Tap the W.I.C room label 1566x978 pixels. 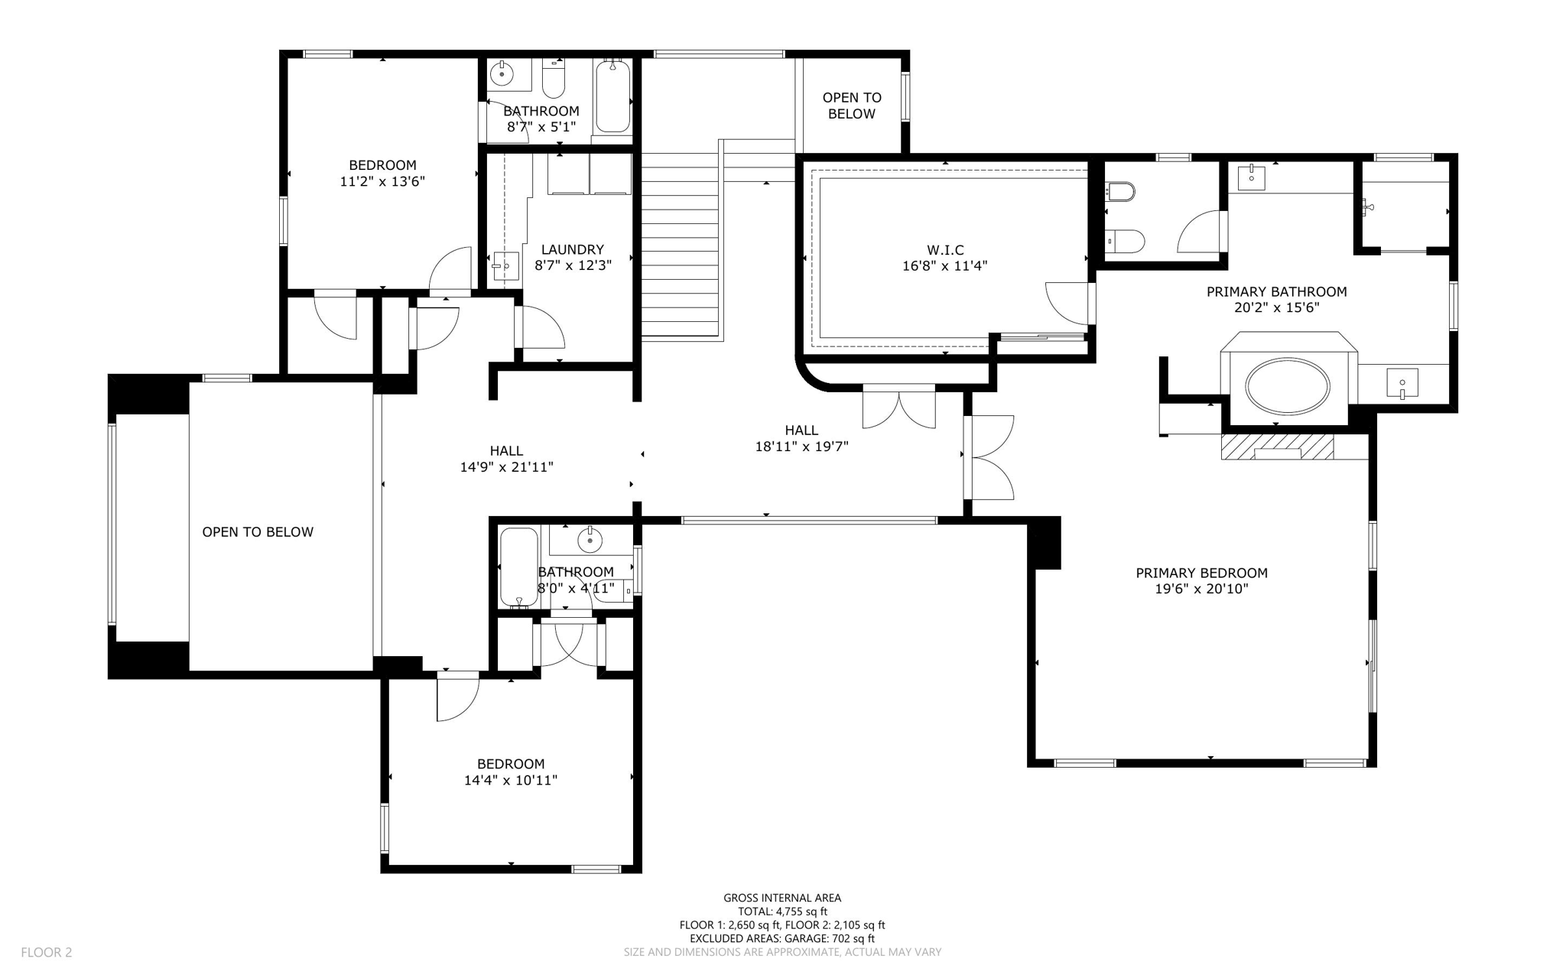945,250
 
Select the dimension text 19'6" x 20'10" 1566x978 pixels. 1201,589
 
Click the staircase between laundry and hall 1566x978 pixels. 681,252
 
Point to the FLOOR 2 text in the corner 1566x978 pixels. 46,952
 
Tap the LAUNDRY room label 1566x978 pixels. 572,249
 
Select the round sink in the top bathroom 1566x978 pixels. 502,75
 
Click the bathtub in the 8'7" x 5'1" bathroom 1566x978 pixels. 612,98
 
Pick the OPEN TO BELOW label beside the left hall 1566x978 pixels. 258,532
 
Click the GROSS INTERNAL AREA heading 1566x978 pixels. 782,898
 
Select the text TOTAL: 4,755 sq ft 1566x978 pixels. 782,911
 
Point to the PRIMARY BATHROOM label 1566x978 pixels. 1276,291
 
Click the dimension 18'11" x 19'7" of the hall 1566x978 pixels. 801,447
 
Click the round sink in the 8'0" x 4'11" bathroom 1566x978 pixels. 590,541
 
